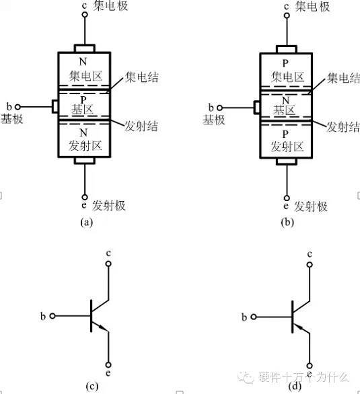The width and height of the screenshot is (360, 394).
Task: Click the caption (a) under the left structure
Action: pos(86,221)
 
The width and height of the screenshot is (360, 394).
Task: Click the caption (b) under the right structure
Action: pos(287,221)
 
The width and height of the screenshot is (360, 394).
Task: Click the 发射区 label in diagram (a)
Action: pos(86,145)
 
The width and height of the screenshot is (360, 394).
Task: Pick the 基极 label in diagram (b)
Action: pos(213,120)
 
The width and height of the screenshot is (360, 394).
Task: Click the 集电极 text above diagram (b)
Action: pos(311,7)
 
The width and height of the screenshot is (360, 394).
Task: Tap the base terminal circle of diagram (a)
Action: pos(20,107)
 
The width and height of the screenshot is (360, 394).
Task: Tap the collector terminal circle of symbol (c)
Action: pos(108,264)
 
